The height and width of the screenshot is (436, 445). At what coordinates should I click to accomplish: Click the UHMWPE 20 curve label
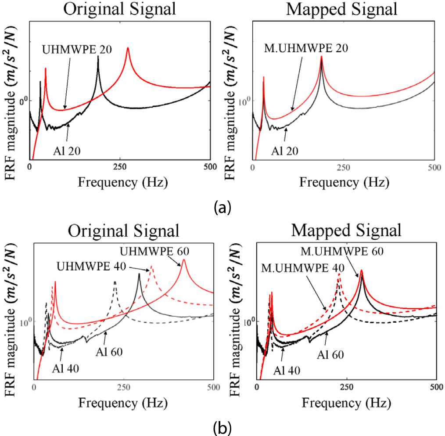[x=77, y=49]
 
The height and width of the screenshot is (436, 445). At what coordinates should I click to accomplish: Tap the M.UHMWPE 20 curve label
[x=305, y=48]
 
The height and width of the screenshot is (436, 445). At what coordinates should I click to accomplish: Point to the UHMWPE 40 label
[x=91, y=266]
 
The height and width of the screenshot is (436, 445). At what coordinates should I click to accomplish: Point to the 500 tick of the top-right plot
[x=434, y=167]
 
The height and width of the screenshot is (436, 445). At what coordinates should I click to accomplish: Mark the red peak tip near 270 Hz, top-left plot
[x=128, y=47]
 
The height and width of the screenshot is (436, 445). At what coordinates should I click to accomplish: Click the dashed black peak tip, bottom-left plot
[x=115, y=281]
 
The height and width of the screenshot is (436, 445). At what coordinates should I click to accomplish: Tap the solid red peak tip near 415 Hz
[x=183, y=259]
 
